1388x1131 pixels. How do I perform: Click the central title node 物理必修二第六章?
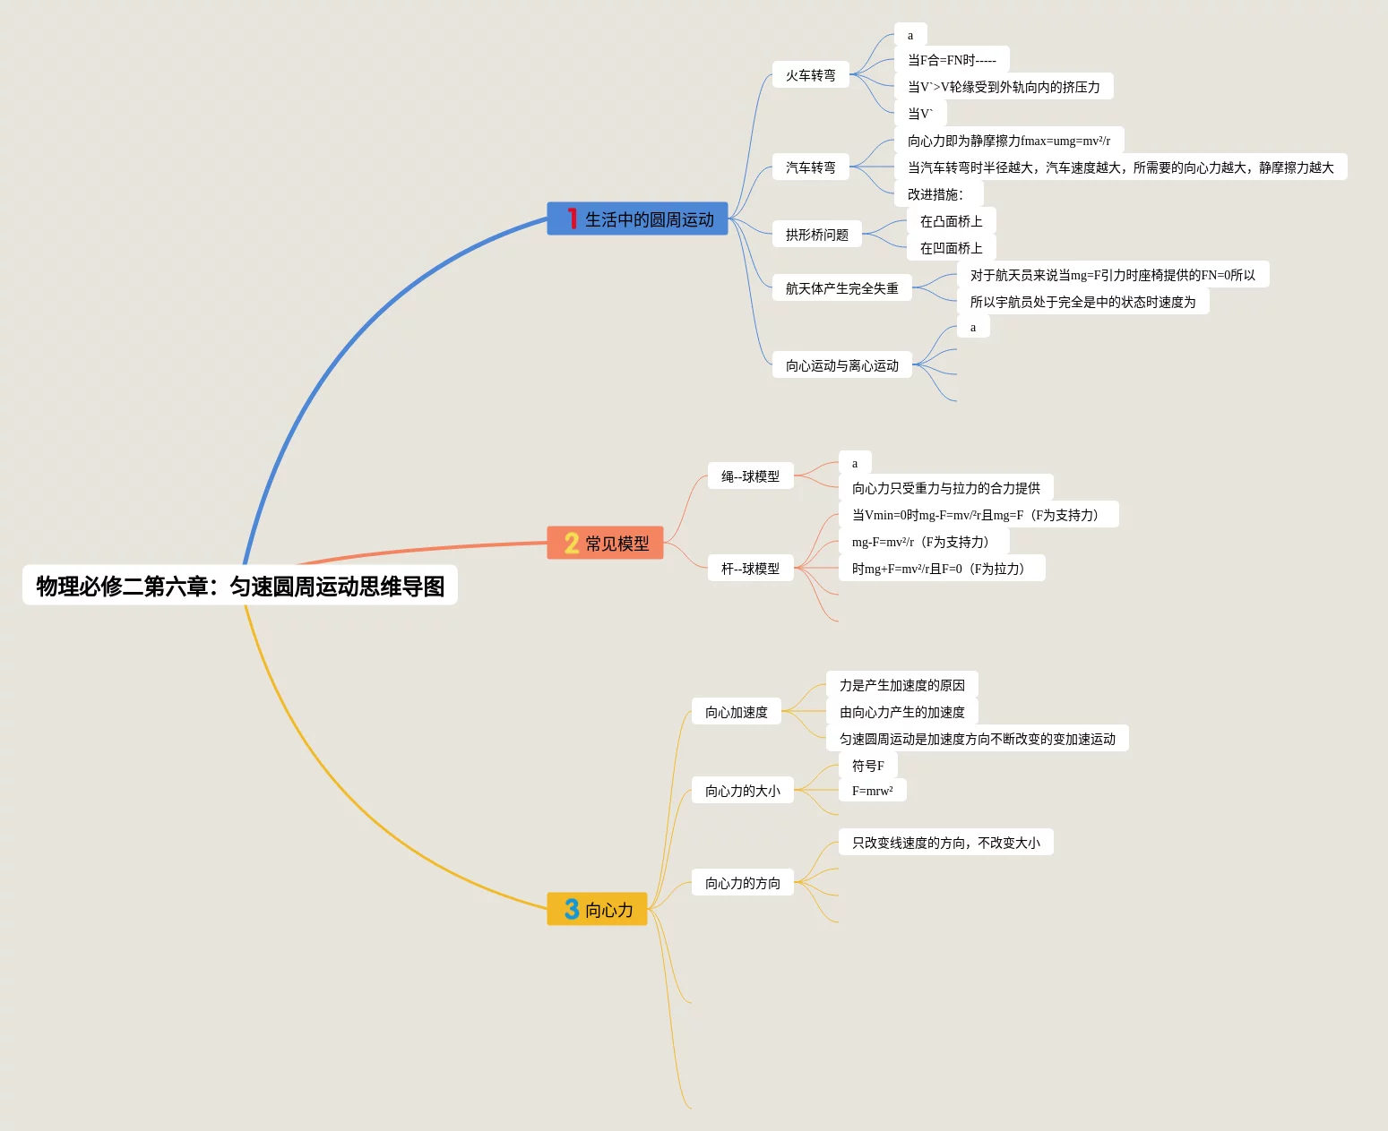pos(239,586)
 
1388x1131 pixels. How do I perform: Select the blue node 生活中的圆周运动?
pos(637,218)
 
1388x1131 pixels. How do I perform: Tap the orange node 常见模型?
pos(605,543)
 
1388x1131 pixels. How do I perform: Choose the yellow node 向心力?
pos(597,909)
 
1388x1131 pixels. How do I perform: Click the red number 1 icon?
pos(572,218)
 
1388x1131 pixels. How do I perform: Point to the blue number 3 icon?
pos(572,909)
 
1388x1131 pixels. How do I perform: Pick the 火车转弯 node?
pos(810,75)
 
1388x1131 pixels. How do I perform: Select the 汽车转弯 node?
pos(810,167)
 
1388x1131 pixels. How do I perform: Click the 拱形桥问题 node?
pos(816,234)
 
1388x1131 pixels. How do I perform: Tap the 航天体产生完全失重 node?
pos(841,288)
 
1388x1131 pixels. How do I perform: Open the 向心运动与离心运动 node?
pos(841,365)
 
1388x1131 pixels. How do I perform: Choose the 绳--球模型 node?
pos(750,476)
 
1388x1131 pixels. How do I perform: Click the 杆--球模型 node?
pos(750,568)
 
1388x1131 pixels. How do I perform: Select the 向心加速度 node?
pos(737,712)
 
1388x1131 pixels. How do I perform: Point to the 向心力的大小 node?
pos(742,791)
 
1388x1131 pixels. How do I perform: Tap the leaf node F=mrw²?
pos(872,791)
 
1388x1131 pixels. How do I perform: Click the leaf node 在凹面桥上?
pos(951,248)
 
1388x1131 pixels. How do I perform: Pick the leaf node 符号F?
pos(867,766)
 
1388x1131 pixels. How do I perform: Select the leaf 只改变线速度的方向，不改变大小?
pos(945,843)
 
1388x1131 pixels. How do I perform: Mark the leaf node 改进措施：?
pos(938,194)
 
